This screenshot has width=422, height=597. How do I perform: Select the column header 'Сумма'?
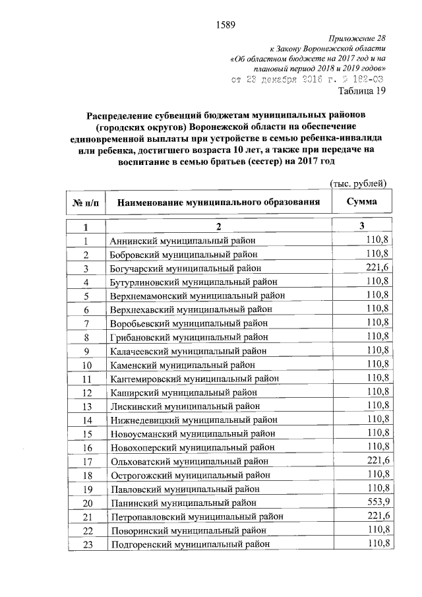(x=362, y=201)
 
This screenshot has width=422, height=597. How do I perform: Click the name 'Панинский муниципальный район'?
(x=176, y=503)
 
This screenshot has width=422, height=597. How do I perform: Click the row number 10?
(x=86, y=364)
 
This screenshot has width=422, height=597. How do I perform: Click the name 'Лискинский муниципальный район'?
(x=176, y=405)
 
